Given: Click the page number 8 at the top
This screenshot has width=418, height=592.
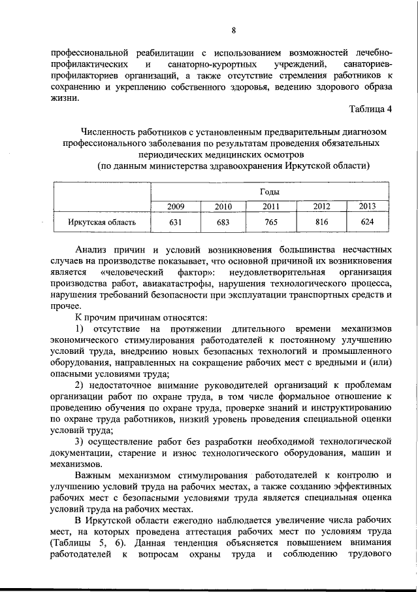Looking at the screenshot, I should pos(233,30).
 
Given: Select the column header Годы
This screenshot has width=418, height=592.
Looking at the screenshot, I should pos(270,192).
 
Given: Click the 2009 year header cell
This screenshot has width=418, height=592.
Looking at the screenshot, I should pos(176,207).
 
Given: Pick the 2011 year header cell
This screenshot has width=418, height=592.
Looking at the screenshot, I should pos(271,207).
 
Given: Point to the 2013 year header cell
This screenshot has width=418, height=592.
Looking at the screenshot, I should pos(368,207).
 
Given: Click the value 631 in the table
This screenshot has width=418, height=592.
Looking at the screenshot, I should pos(176,222).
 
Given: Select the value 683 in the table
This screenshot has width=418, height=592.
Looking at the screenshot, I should pos(223,222).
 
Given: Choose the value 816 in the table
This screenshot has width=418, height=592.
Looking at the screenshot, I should pos(321,222).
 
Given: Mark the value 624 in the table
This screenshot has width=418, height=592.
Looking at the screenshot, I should pos(368,222).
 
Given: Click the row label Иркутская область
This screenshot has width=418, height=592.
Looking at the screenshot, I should pos(103,222).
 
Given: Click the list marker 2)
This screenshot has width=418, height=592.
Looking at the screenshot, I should pos(80,384).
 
